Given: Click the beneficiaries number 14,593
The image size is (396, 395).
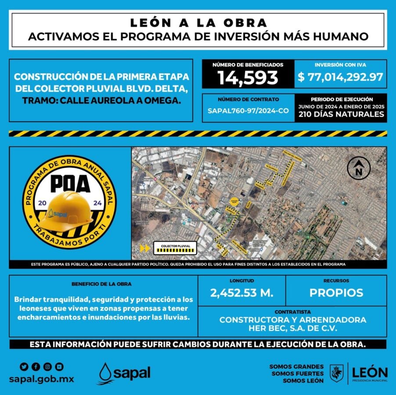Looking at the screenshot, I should pos(248,78).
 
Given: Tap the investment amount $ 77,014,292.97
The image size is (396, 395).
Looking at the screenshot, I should pos(340,78).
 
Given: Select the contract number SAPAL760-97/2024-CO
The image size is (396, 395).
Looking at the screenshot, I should pos(248,111).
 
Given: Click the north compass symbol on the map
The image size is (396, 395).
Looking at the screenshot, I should pos(359,169).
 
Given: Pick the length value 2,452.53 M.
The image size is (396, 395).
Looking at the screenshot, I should pos(241,293).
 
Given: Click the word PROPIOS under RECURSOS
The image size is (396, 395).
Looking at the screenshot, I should pos(336,293).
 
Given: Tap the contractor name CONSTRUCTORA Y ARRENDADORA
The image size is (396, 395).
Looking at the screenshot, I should pos(292,320).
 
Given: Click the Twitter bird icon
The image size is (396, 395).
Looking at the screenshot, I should pos(24,367).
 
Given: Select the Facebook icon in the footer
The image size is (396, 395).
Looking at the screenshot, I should pos(36,367).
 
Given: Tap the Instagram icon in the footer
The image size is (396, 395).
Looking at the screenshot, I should pos(47,367).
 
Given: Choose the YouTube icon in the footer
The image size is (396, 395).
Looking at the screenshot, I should pos(59,367).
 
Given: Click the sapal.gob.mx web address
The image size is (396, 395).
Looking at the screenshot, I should pos(42,379).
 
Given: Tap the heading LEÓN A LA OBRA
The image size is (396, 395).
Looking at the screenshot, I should pos(198,22).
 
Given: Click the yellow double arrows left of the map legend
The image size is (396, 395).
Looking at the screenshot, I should pos(144,248).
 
